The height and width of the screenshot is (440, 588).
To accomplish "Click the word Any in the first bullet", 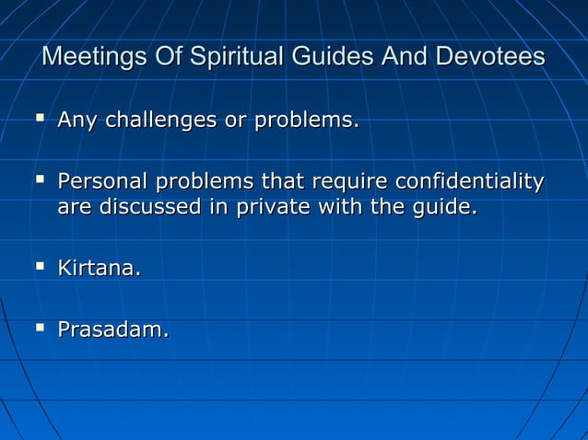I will point(76,120).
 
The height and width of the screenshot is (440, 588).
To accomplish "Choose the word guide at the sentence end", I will point(446,208).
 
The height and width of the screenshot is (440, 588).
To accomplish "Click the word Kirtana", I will point(100,270).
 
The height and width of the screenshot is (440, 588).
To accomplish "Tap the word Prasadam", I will point(112,329).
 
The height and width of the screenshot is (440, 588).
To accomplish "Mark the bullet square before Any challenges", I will point(39,118).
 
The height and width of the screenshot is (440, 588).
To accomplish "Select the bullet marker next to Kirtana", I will point(39,267).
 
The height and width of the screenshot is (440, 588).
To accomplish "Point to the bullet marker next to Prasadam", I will point(39,327).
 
